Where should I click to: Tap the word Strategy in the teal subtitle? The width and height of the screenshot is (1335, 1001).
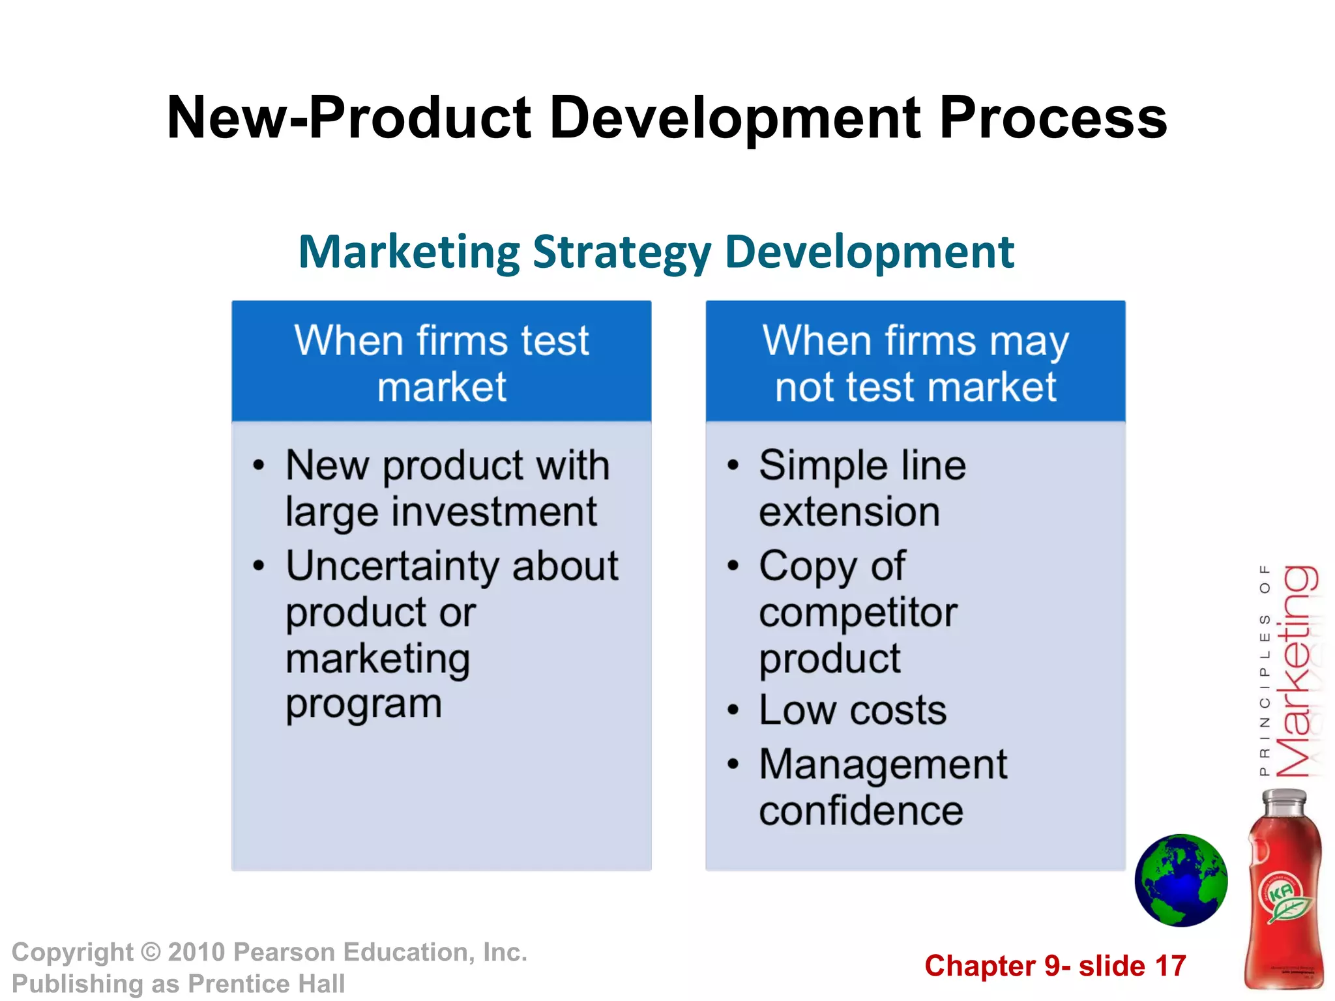(621, 253)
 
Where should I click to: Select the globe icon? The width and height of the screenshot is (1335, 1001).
(1181, 880)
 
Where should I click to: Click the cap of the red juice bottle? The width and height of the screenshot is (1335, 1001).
(1284, 800)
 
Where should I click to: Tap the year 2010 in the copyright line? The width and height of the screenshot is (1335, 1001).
(196, 952)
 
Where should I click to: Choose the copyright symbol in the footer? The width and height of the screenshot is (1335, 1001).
(151, 952)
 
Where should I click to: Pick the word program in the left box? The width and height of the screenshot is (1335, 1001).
(364, 705)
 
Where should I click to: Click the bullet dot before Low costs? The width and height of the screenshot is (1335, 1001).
(733, 710)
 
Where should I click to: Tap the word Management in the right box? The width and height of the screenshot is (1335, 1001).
(883, 764)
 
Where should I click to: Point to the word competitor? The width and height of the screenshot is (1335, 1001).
(858, 613)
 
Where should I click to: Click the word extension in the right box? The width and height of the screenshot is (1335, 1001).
(849, 512)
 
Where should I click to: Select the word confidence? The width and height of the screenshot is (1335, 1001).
(860, 811)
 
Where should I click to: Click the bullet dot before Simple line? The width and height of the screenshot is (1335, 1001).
(733, 465)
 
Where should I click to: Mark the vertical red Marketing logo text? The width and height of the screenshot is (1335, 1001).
(1297, 671)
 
